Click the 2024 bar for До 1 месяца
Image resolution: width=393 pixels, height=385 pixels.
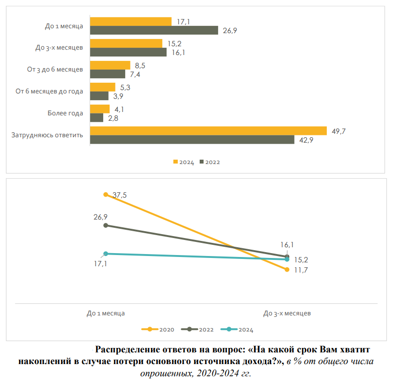[131, 21]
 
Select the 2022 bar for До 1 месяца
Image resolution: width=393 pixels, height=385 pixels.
[154, 30]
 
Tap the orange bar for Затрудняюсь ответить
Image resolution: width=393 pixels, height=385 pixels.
[208, 130]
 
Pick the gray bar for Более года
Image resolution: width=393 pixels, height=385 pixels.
[97, 118]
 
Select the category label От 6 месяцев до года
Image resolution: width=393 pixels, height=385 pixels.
[49, 91]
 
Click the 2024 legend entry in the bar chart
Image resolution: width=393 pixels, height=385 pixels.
[184, 162]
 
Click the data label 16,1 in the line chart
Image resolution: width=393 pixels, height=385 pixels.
[287, 246]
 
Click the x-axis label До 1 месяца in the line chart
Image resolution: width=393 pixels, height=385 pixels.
[106, 313]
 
